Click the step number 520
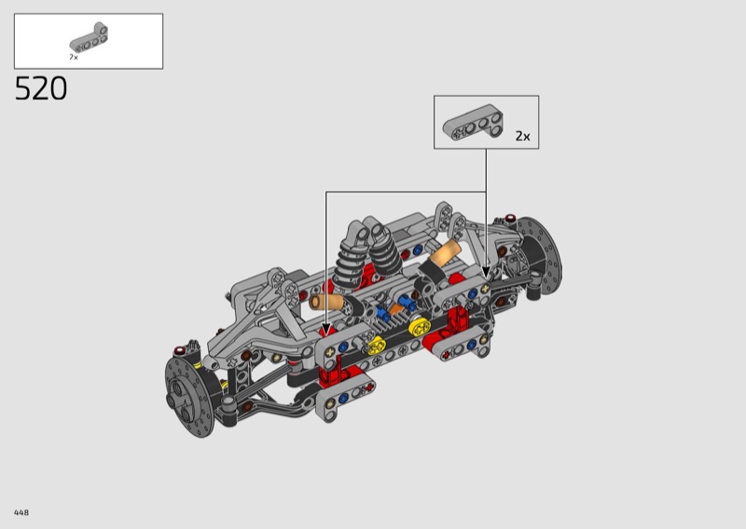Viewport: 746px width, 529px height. point(41,88)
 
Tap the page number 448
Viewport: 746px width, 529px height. point(21,512)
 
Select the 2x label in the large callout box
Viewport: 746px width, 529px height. point(522,136)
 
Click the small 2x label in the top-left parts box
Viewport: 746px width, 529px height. point(74,57)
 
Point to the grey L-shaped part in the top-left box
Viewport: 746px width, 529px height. point(89,38)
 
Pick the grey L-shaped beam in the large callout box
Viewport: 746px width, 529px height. point(473,122)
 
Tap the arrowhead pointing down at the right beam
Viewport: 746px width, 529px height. point(486,272)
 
